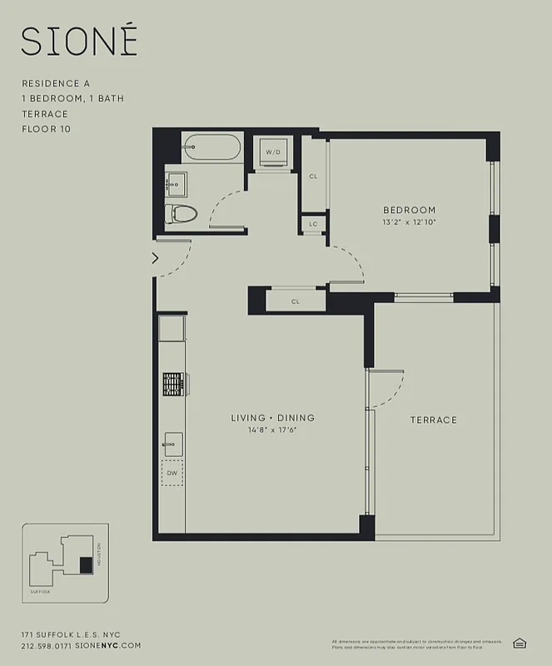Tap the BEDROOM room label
pos(409,210)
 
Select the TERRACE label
pos(433,420)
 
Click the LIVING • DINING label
pos(273,417)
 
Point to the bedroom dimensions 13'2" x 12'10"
pos(409,222)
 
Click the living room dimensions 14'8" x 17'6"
pos(273,430)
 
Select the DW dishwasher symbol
pos(172,473)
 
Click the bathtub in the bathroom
pos(211,148)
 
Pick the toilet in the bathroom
pos(180,214)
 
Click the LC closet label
pos(313,224)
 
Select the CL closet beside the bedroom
pos(313,176)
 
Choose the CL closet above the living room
pos(296,301)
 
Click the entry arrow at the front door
pos(156,259)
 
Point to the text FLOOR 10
pos(48,128)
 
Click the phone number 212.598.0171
pos(47,645)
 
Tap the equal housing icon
pos(520,643)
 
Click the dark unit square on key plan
pos(85,564)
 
